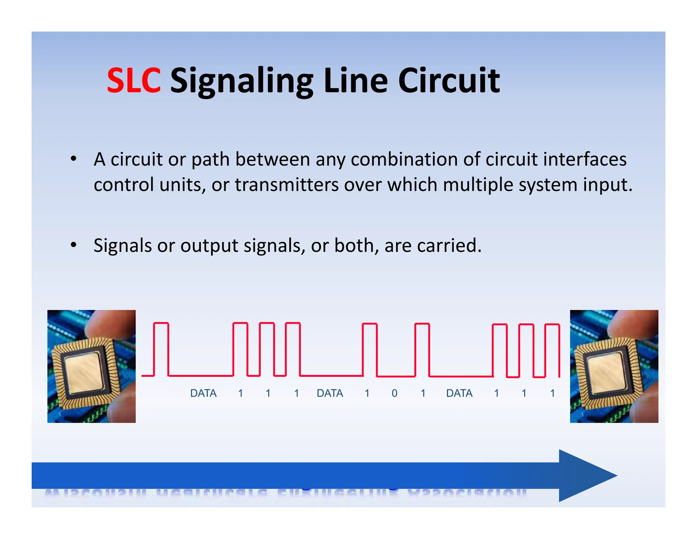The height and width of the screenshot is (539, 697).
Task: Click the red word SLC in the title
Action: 133,80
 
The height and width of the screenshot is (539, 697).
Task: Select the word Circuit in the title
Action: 449,80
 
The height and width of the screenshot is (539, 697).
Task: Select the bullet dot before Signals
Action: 74,245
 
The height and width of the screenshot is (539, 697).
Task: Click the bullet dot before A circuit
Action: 74,158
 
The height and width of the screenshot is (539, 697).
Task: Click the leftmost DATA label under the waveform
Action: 203,393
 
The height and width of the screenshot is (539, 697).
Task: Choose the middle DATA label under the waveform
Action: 330,393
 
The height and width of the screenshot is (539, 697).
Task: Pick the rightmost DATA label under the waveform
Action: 459,393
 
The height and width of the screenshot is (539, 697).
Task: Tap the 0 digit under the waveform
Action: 394,393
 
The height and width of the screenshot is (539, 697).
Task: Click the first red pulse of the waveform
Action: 161,348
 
